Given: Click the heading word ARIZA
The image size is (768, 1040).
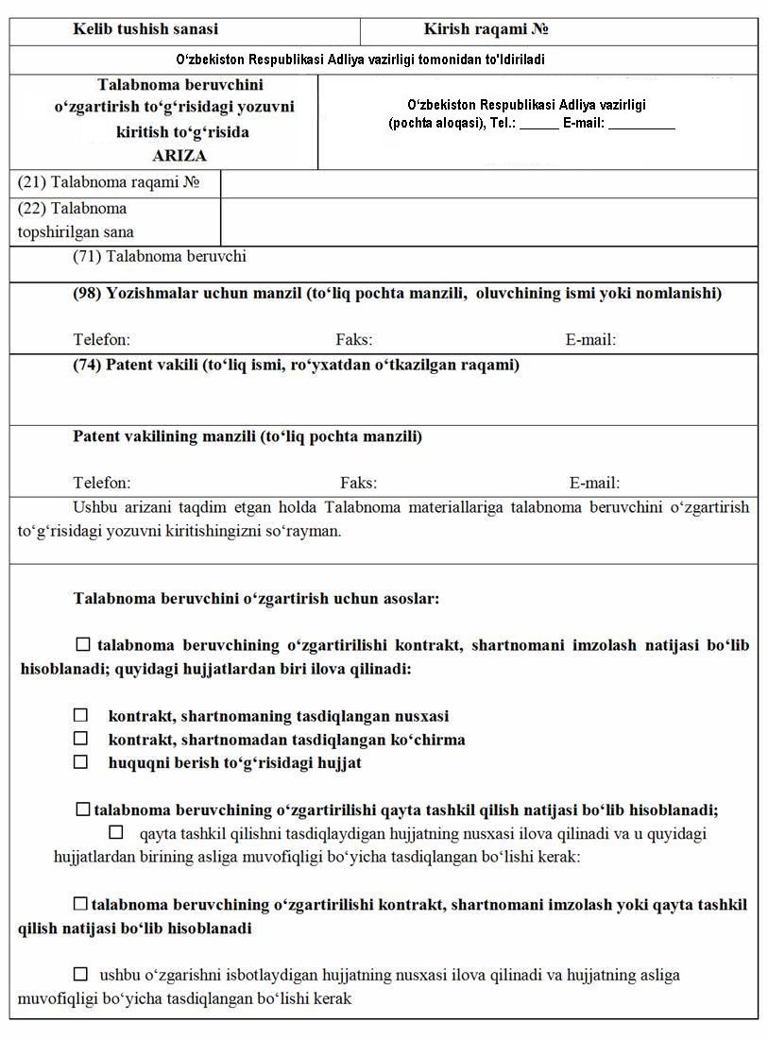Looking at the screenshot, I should (x=179, y=156).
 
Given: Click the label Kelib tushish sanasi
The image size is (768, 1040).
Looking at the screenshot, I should (x=145, y=30).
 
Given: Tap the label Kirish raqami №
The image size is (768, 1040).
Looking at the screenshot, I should (x=486, y=30).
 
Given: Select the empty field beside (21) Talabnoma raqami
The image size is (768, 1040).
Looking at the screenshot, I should (x=488, y=183).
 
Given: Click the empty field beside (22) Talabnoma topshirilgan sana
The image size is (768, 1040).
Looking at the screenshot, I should (x=488, y=221).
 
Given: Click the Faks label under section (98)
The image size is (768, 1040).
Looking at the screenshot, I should (x=353, y=340).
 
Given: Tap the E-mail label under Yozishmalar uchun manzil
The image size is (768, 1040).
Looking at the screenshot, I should (x=590, y=340).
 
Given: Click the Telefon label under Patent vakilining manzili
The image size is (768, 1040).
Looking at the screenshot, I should (x=102, y=483).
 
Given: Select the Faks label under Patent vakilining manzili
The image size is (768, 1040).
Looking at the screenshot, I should (x=358, y=483).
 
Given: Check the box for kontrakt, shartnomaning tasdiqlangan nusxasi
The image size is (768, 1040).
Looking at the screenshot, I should (x=81, y=716).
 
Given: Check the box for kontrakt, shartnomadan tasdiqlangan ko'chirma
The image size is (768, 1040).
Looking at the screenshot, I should (x=81, y=739).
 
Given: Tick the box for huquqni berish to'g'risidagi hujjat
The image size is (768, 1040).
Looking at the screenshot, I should (x=81, y=761).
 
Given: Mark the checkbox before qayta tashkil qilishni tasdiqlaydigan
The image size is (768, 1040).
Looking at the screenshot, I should (x=116, y=832).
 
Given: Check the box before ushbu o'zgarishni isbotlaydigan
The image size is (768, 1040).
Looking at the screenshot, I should (x=81, y=974).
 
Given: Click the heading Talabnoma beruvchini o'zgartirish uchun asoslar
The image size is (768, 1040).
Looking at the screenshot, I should (x=256, y=599).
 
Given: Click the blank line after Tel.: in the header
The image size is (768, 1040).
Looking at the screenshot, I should (x=538, y=124).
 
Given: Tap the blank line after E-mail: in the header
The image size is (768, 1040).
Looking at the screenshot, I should (x=641, y=124).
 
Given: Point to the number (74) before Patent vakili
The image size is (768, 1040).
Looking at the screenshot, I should (x=87, y=366).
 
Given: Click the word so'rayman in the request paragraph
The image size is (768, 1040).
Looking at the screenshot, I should (x=312, y=531).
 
